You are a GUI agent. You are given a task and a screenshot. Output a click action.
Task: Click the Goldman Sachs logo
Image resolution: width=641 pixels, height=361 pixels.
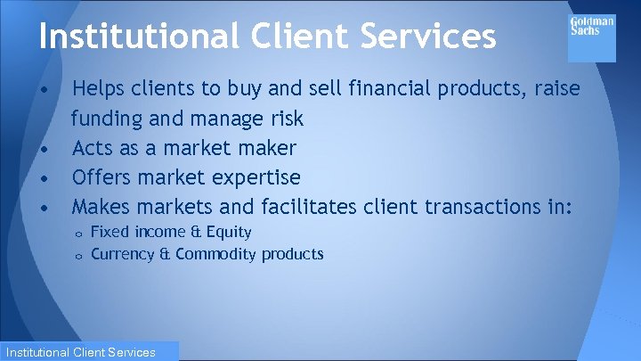coord(591,37)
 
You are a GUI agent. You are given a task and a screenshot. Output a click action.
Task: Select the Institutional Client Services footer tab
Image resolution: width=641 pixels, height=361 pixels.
coord(89,352)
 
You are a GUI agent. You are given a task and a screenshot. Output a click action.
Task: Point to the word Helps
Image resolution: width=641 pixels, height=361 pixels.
coord(99,88)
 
